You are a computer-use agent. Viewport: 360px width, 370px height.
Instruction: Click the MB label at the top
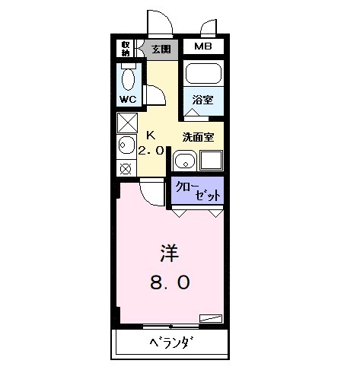(202, 47)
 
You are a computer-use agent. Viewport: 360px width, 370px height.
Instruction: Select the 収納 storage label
(125, 49)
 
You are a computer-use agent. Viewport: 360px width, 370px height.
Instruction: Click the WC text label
(127, 100)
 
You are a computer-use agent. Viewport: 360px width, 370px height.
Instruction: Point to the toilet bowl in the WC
(128, 79)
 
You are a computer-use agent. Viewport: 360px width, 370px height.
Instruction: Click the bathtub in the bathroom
(203, 75)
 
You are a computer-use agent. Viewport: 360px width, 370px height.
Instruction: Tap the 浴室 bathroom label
(202, 100)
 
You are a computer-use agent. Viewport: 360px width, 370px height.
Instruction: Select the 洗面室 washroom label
(197, 137)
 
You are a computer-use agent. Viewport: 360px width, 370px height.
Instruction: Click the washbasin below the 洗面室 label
(185, 160)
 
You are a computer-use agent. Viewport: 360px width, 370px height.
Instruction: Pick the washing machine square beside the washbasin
(212, 160)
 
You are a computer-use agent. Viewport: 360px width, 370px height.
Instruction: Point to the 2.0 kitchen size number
(151, 150)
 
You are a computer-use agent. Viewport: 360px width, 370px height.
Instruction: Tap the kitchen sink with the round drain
(126, 145)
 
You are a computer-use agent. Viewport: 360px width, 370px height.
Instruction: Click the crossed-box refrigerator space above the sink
(126, 122)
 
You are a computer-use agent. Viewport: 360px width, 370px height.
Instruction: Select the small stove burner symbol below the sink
(126, 168)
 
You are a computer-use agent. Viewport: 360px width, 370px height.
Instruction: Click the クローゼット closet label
(197, 190)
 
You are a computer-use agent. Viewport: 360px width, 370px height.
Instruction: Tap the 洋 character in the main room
(168, 252)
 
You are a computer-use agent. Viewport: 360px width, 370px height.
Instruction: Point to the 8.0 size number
(168, 282)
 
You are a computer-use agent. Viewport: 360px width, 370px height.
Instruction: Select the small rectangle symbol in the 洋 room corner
(211, 318)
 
